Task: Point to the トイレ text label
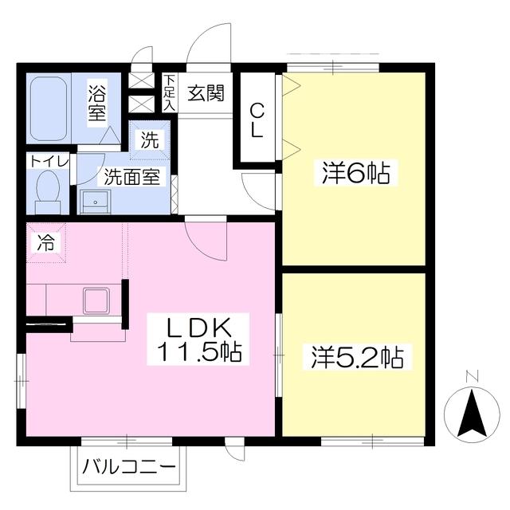click(49, 161)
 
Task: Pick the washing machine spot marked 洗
click(149, 140)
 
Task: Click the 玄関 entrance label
click(206, 93)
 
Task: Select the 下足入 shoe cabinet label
click(170, 93)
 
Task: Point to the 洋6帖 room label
click(355, 173)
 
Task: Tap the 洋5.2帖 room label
click(355, 356)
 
